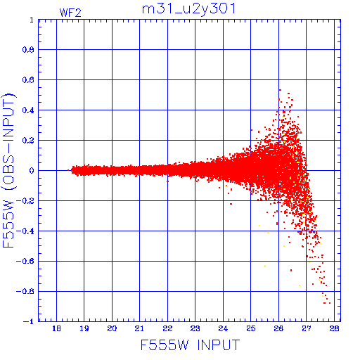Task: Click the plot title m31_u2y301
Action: point(188,9)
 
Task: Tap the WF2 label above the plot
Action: point(70,13)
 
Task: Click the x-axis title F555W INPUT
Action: point(190,345)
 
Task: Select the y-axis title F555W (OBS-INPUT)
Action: point(8,170)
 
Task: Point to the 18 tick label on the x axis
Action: point(56,328)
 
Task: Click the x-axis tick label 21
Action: point(139,328)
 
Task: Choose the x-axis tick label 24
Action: point(223,328)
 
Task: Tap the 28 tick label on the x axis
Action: point(334,328)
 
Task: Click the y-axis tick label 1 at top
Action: point(32,20)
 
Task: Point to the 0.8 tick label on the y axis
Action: point(28,50)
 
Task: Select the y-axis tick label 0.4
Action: point(28,110)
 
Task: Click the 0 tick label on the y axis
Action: point(32,171)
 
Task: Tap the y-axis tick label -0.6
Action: point(25,261)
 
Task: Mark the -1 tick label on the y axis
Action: point(29,321)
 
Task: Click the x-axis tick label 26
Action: point(278,328)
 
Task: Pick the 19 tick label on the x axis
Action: point(84,328)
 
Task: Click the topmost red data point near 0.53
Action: point(280,90)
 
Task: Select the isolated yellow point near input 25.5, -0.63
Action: point(265,266)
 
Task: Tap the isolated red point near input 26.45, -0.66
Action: point(291,270)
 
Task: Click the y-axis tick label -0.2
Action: point(25,201)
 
